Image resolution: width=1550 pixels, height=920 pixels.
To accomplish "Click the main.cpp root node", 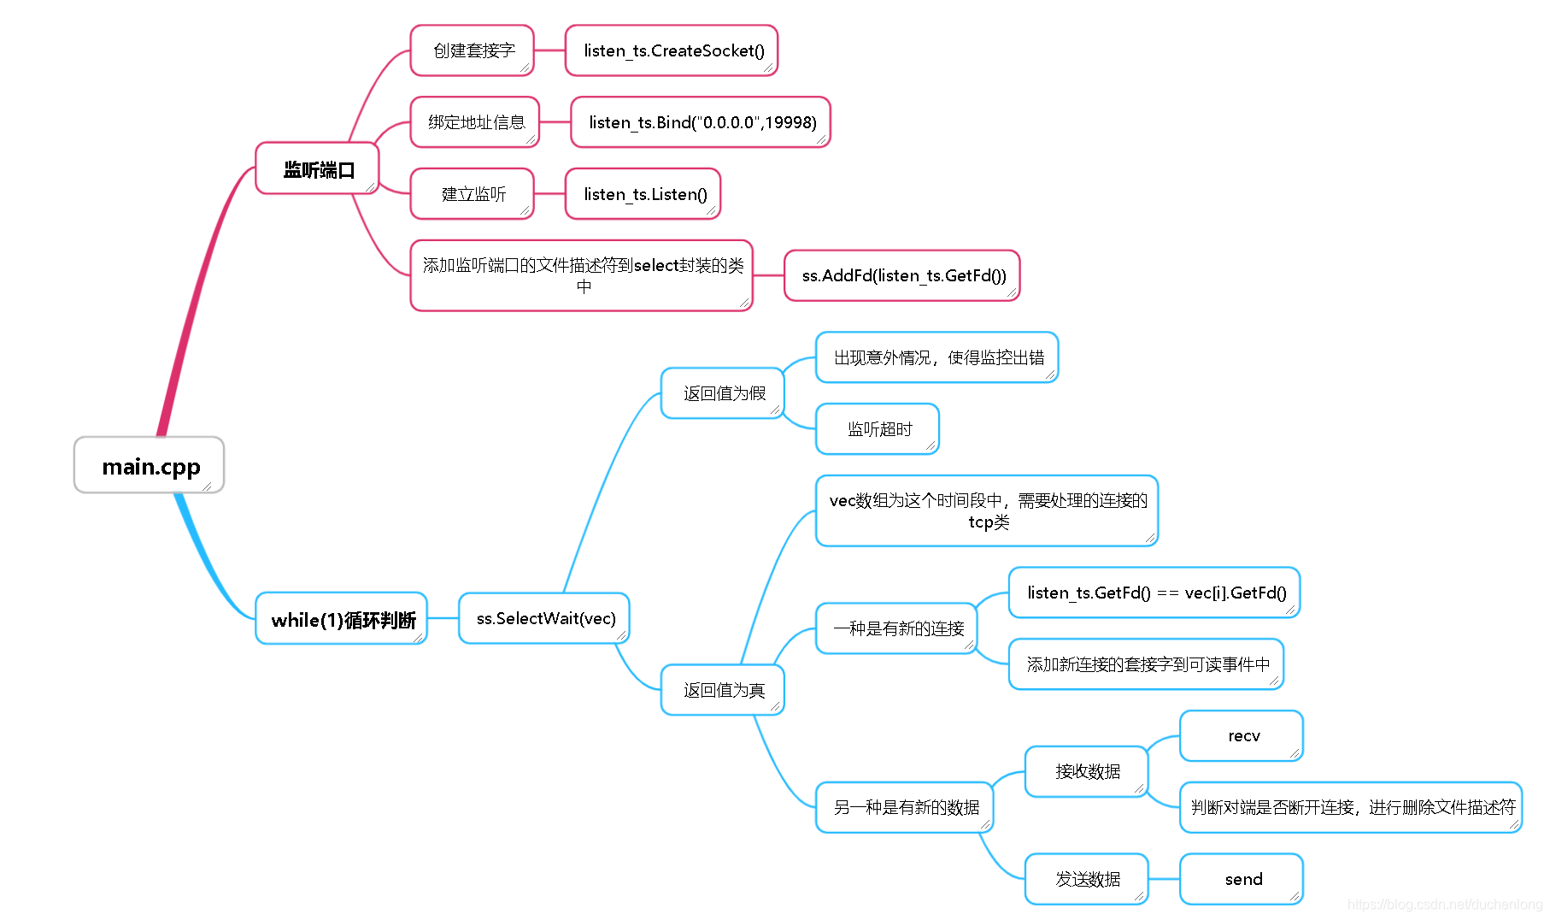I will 150,466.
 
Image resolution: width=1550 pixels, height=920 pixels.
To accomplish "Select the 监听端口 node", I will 317,169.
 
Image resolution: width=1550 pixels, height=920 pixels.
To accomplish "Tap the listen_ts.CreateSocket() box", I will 672,50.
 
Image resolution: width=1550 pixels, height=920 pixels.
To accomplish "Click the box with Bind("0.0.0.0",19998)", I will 701,122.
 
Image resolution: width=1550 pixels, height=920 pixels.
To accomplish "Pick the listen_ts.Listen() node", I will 643,194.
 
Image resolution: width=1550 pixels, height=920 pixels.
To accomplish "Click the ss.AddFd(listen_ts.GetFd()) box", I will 902,275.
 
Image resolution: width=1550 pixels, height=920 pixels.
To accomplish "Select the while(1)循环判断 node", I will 342,619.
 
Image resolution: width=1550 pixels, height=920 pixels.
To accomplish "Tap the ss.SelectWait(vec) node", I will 544,618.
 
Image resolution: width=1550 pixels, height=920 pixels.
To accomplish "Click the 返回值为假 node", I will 723,393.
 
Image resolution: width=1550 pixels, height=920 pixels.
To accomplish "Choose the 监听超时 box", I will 878,429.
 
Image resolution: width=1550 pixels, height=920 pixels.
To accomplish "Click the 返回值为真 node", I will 723,690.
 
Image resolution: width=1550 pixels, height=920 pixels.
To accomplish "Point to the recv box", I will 1242,736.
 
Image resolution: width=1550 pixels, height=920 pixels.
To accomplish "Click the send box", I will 1242,879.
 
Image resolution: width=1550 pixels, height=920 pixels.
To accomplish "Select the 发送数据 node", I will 1087,879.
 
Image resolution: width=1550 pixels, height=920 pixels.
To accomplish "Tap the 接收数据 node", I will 1087,772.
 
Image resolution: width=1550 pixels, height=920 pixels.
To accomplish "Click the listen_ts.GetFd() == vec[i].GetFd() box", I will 1154,593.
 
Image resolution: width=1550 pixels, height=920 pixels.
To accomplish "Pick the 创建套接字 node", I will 473,50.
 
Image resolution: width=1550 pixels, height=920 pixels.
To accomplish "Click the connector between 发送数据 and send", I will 1164,879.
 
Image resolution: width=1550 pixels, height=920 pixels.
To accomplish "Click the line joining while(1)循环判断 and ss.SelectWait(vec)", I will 443,618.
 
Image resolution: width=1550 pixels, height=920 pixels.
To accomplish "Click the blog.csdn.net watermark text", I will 1444,905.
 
